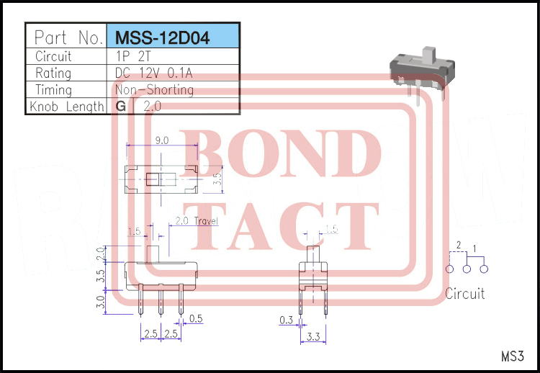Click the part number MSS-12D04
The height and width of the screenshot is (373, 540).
point(162,37)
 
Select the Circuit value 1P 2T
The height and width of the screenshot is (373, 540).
point(133,56)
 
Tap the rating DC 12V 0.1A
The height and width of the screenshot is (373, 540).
point(153,73)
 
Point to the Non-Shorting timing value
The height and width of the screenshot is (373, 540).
point(154,89)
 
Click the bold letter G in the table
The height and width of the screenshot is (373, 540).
point(121,106)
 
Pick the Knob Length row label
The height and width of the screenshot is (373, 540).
point(67,107)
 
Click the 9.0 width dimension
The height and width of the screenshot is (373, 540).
point(162,140)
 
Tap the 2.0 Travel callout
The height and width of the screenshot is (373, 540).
point(197,221)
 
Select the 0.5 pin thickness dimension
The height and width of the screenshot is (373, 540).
point(196,319)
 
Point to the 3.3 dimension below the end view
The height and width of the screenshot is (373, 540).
point(313,336)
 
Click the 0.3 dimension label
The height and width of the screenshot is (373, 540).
point(286,320)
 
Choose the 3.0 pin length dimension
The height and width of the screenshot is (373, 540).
point(101,302)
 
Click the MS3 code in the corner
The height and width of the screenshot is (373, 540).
point(513,356)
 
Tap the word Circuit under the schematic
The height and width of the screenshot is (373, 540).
point(464,294)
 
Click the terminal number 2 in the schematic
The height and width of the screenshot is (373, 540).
point(459,245)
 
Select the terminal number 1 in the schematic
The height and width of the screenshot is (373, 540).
point(474,248)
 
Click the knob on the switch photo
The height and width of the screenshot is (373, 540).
point(429,55)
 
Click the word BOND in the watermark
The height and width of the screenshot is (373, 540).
point(279,153)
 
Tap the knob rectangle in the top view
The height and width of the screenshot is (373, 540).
point(153,179)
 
